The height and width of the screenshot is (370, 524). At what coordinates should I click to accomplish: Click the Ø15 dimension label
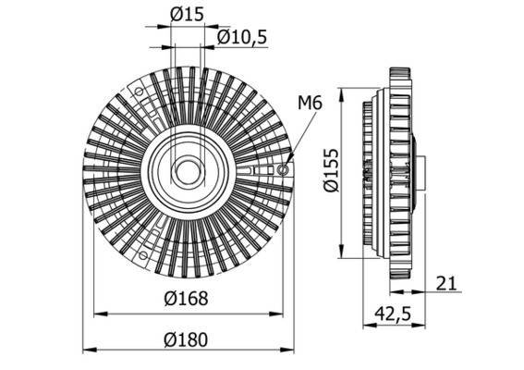coord(188,14)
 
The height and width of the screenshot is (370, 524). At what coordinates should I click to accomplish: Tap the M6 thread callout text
coord(310,103)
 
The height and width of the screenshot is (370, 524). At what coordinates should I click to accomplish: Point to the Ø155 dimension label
coord(332,172)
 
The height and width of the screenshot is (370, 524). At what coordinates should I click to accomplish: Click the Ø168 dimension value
coord(188,299)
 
